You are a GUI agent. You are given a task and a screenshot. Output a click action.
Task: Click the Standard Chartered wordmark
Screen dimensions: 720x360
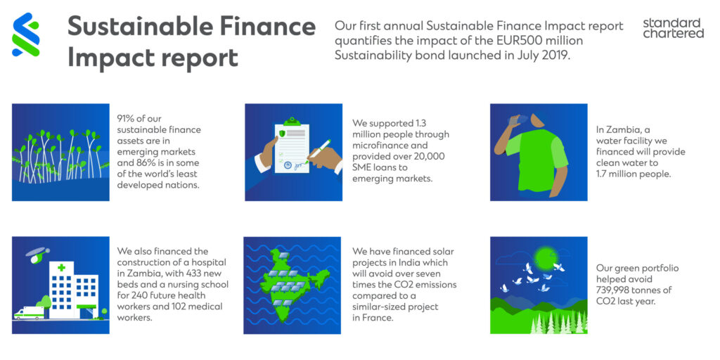pos(673,28)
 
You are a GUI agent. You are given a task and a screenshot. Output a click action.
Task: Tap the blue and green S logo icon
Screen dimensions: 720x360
pos(26,34)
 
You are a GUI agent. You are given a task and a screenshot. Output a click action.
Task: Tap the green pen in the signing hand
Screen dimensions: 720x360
pos(319,150)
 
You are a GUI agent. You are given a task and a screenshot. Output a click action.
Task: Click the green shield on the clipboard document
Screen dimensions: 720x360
pos(282,134)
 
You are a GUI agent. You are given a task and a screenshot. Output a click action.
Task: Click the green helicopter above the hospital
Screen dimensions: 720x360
pos(35,255)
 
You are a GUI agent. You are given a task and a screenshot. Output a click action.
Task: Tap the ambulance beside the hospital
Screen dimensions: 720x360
pos(29,313)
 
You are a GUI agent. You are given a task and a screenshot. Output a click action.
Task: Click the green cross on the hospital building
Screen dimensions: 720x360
pos(61,268)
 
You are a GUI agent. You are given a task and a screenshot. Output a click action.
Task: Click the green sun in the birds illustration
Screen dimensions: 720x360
pos(546,255)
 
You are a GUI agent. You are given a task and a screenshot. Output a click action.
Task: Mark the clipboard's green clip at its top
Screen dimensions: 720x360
pos(292,122)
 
